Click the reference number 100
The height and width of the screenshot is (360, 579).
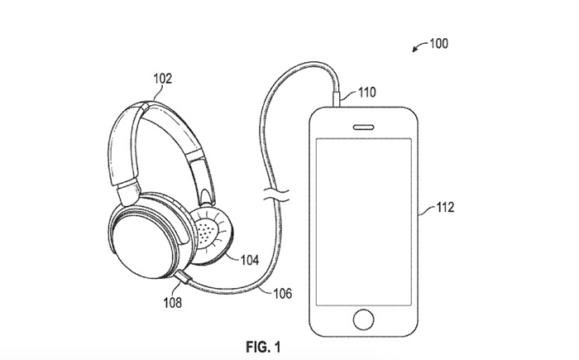[x=438, y=44]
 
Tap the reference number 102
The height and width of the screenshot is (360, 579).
[x=163, y=79]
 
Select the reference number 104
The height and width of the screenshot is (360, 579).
[x=250, y=260]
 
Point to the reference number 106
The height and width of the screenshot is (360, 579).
[x=283, y=294]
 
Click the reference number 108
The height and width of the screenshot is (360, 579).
[x=173, y=303]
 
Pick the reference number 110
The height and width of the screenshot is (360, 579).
[x=367, y=92]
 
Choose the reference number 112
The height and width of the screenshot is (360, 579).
[x=445, y=208]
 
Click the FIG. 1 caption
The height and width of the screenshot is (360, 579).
[x=263, y=347]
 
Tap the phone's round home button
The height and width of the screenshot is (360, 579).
[x=363, y=319]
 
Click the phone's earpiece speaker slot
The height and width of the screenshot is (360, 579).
[x=364, y=127]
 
